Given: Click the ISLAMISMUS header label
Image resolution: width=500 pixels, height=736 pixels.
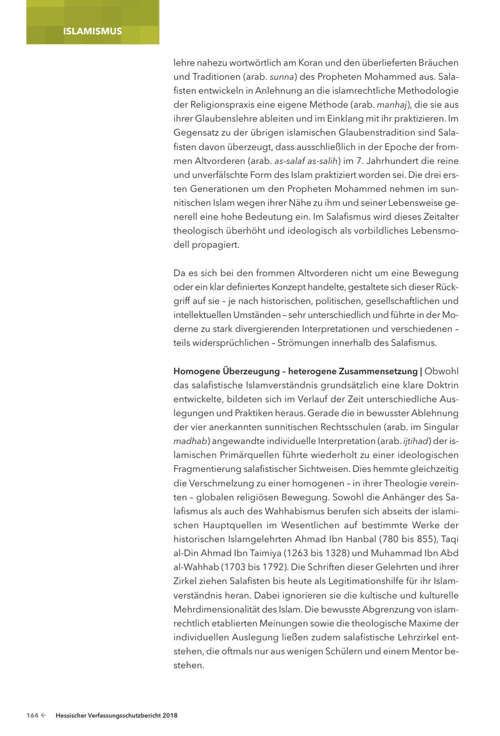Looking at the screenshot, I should click(92, 31).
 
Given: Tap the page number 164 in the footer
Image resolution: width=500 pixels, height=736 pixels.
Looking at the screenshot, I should click(32, 716).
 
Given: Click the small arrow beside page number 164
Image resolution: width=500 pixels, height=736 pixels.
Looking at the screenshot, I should click(43, 716).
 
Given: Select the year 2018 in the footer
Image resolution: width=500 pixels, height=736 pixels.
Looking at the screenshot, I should click(169, 716).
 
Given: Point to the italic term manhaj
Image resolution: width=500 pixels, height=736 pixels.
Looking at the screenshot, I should click(392, 105).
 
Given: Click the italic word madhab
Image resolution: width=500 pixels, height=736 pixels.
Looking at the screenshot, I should click(190, 441).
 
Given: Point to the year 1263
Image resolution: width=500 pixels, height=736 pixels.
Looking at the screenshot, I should click(294, 553).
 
